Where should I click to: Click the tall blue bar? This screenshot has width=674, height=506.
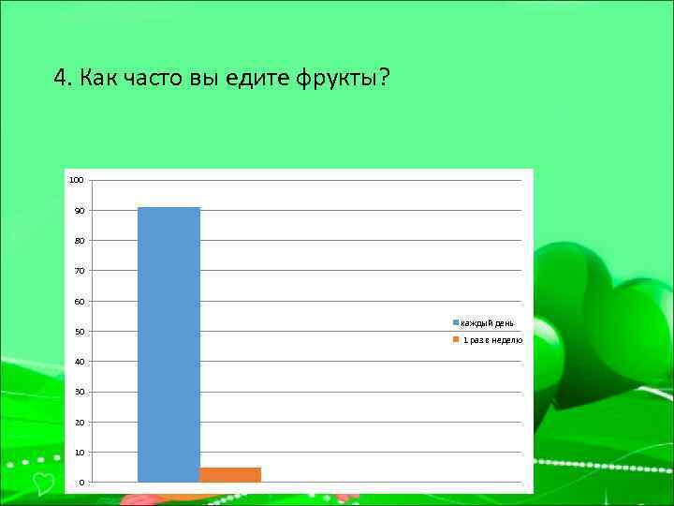coord(168,344)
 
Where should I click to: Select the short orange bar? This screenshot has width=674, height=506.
coord(230,474)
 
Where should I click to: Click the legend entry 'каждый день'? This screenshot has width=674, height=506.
coord(487,323)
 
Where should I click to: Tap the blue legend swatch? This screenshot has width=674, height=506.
coord(456,323)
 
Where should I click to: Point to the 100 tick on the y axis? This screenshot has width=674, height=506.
coord(77,180)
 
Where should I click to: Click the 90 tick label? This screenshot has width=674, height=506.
coord(80,211)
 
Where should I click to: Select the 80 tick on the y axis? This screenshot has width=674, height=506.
coord(80,241)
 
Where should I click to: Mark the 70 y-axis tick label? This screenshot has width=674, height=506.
coord(80,271)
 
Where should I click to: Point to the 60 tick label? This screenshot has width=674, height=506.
coord(80,302)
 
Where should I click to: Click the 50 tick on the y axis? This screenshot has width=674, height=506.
coord(80,332)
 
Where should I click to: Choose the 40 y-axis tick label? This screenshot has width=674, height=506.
coord(80,362)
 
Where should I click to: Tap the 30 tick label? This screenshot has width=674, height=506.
coord(80,392)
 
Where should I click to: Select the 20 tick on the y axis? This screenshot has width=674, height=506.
coord(80,423)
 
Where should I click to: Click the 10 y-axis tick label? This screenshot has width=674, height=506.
coord(80,453)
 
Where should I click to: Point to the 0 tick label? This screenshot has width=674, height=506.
coord(81,483)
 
